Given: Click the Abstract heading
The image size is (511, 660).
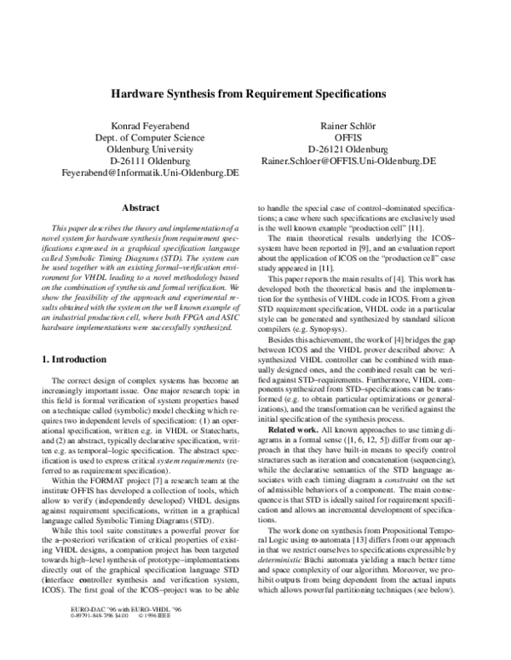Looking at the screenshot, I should click(x=140, y=207).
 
